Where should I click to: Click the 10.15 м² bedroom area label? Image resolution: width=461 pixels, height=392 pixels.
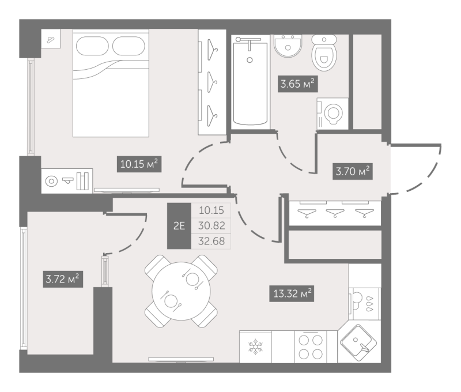click(139, 164)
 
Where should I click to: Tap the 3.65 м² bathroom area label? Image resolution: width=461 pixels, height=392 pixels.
click(297, 84)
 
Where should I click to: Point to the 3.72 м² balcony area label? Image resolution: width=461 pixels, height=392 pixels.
click(63, 279)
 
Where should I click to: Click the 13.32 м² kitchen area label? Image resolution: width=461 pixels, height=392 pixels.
click(292, 293)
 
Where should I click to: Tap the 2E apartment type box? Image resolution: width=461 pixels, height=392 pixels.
click(179, 226)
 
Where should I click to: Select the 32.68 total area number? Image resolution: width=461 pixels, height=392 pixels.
click(211, 241)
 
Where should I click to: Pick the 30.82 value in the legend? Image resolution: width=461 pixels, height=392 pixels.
click(211, 225)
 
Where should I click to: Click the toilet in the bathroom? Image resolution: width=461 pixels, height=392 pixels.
click(324, 53)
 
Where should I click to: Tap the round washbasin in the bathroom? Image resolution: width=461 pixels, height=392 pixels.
click(288, 46)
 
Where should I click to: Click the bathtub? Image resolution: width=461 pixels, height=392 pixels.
click(250, 82)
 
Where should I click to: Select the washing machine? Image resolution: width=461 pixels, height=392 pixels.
click(332, 114)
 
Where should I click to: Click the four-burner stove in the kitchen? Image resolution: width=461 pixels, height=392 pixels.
click(311, 347)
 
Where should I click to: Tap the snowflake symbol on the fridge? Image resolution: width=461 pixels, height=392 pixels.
click(255, 346)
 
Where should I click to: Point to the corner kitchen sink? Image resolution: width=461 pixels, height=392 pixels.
click(358, 342)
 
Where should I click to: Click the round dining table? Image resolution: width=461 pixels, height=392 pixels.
click(181, 291)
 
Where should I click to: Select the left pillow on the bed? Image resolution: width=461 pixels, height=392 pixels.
click(92, 46)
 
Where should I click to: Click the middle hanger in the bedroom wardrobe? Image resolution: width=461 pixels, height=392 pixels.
click(212, 82)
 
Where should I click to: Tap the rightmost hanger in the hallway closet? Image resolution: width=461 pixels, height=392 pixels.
click(365, 213)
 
